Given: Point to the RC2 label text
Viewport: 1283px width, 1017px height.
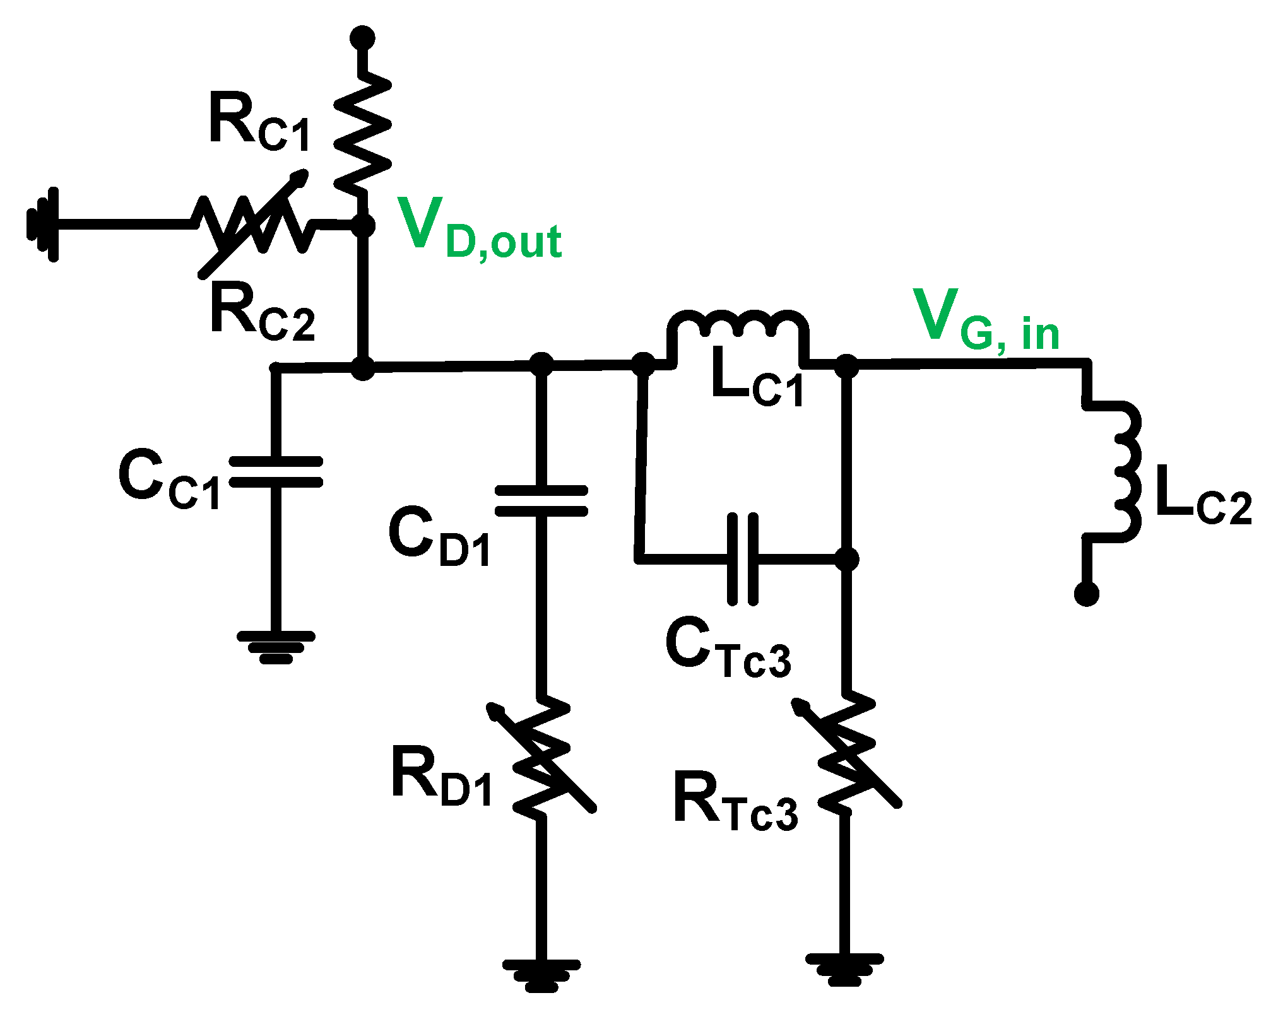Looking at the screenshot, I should pos(263,312).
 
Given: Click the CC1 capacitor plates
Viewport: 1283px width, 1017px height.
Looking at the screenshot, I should pos(275,472).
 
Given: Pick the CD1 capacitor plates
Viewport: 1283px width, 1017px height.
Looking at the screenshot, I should pos(541,501).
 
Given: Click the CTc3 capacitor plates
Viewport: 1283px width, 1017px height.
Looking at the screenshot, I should pos(742,559).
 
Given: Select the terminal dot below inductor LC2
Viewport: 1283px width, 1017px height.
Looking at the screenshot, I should pos(1086,594).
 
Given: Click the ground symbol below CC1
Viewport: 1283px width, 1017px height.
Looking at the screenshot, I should pos(276,647).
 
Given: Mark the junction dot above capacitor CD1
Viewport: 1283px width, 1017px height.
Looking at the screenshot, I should pos(541,365).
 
